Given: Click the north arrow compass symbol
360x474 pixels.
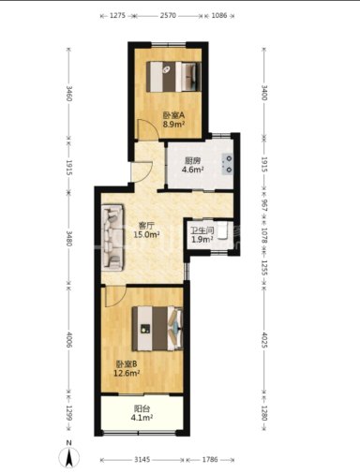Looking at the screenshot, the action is click(69, 457).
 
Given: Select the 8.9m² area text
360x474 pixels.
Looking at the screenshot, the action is click(173, 125).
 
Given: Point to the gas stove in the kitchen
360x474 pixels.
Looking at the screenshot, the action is click(228, 164).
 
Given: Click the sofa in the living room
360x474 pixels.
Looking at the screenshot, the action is click(112, 238).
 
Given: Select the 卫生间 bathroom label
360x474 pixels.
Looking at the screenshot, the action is click(202, 230).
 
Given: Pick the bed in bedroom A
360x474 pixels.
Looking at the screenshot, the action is click(173, 77).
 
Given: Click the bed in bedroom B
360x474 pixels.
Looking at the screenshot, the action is click(157, 329).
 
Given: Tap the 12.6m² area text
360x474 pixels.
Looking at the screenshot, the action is click(127, 373).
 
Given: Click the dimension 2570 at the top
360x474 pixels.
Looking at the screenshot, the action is click(168, 15).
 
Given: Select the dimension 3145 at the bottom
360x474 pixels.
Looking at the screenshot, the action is click(142, 459).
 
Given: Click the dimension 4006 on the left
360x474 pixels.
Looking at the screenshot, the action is click(69, 340).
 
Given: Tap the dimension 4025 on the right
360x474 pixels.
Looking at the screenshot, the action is click(264, 340).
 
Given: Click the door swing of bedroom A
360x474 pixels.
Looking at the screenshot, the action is click(148, 129).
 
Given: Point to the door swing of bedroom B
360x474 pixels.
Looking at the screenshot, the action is click(115, 296).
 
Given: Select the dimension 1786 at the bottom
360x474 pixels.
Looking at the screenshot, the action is click(210, 459).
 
